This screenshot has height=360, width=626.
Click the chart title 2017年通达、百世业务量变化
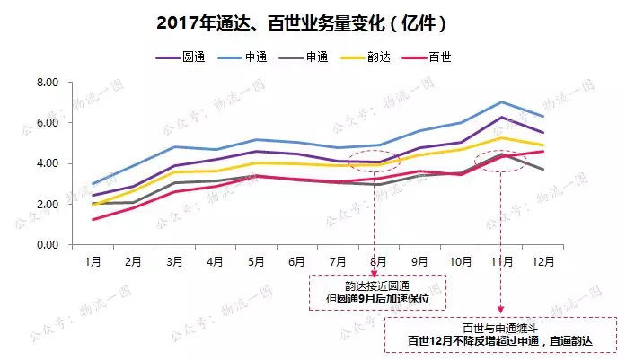pos(301,21)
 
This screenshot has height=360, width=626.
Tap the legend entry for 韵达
pos(387,57)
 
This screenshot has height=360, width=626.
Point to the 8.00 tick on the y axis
pos(46,83)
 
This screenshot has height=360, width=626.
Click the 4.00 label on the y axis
pos(46,163)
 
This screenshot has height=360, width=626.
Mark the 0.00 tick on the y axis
pos(46,245)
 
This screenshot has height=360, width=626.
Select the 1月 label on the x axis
pos(93,262)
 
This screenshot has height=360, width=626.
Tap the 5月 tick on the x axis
pos(257,262)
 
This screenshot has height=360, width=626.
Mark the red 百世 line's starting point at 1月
pos(93,219)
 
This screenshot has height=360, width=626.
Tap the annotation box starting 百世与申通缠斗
pos(502,334)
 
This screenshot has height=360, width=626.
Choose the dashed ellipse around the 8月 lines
pos(374,162)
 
